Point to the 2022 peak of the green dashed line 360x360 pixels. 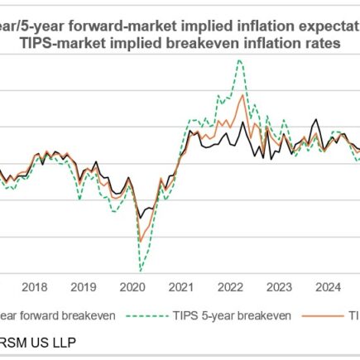[239, 60]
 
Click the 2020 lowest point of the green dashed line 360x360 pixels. [141, 271]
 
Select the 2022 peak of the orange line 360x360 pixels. [242, 95]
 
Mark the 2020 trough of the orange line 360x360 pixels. [141, 242]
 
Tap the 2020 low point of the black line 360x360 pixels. [141, 218]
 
